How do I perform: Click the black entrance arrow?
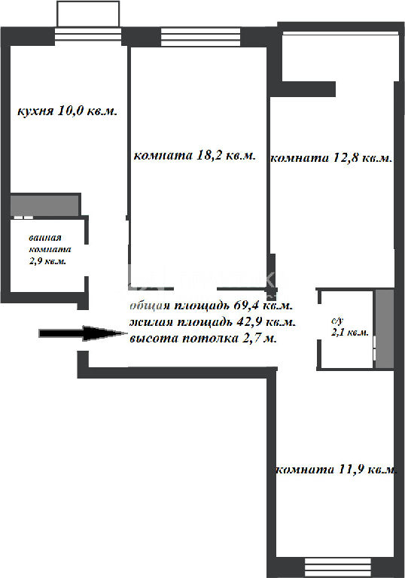point(83,333)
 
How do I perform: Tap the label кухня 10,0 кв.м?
point(68,111)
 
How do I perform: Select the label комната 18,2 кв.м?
point(194,155)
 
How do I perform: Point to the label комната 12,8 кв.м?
point(331,158)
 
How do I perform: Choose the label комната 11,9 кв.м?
point(336,470)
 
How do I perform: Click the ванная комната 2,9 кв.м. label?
point(50,250)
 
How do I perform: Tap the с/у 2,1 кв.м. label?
point(349,327)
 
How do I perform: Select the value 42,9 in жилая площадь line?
point(249,321)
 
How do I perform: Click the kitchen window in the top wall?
point(88,36)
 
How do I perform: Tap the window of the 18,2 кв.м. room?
point(201,37)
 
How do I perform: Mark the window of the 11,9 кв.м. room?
point(338,567)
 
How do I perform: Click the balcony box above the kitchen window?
point(88,14)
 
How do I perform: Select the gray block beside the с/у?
point(385,329)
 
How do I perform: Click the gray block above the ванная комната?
point(44,205)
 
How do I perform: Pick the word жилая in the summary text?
point(151,322)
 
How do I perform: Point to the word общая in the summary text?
point(150,306)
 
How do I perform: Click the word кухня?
point(35,111)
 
